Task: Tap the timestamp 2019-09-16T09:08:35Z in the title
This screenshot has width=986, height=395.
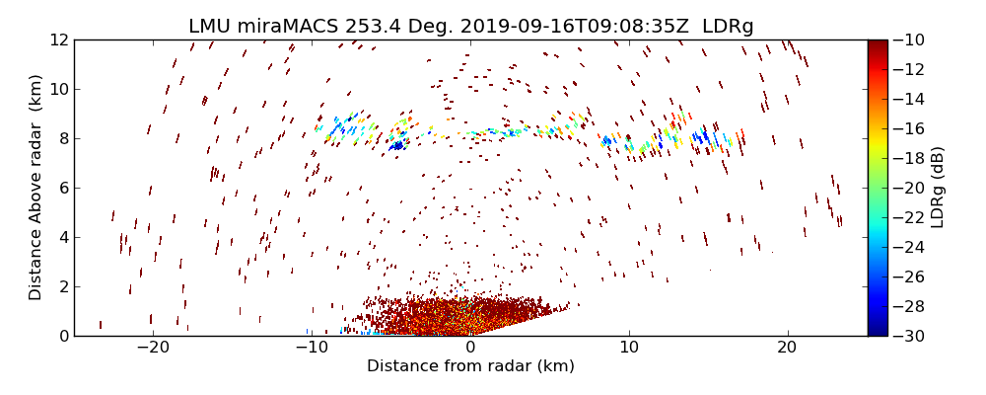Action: point(565,26)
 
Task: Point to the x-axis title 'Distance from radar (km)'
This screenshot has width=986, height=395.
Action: point(470,366)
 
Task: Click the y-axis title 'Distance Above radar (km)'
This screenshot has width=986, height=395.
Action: point(35,188)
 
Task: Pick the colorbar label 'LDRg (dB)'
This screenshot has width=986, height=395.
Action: point(937,188)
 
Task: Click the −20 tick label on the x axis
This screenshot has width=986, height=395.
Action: point(153,348)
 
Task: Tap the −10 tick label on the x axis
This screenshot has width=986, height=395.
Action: point(312,348)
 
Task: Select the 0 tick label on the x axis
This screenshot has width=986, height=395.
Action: point(470,348)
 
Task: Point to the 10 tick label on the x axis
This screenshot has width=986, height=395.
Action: point(629,348)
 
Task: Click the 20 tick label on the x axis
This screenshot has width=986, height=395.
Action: point(787,348)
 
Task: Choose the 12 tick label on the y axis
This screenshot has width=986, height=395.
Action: point(57,40)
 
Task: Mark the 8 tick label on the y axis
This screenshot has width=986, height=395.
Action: point(61,139)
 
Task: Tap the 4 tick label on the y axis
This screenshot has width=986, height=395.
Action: point(61,238)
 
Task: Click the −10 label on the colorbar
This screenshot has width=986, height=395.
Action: point(911,40)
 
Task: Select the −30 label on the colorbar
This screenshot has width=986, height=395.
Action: point(911,336)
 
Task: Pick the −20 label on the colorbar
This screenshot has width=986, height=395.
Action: point(911,188)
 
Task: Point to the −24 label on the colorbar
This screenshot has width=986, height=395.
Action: point(911,247)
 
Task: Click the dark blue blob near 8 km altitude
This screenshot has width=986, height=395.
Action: point(396,146)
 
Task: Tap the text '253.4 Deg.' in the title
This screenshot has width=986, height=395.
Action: point(386,26)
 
